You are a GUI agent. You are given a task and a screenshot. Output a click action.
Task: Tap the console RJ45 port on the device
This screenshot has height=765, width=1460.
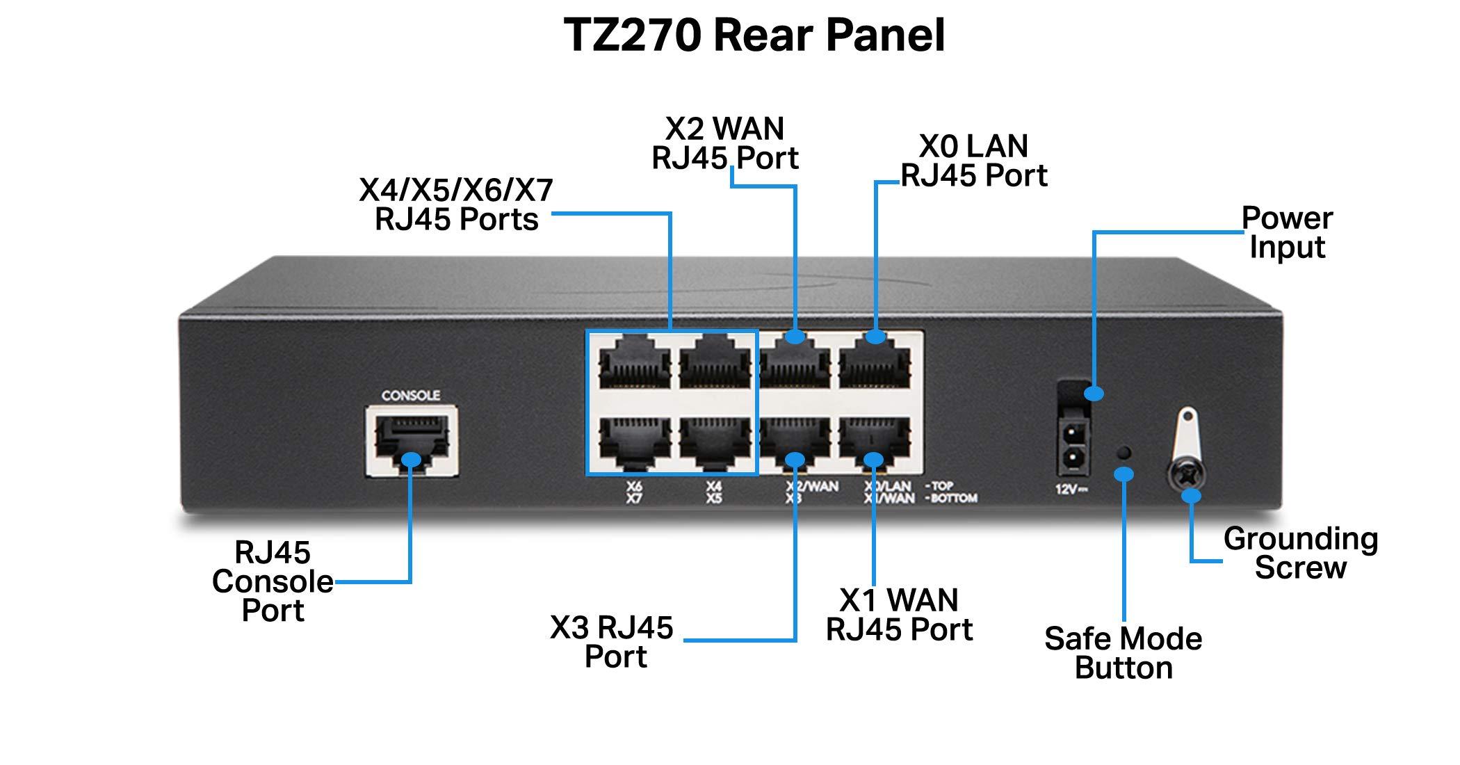411,442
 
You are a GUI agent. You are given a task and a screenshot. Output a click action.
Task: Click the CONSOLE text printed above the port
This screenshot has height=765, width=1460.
410,395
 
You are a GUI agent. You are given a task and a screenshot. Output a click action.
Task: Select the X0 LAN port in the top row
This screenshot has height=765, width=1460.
875,365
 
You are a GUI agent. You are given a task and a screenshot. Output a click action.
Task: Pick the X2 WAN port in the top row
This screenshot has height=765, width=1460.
795,365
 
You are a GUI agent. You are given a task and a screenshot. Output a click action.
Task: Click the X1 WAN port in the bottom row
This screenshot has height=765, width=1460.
875,442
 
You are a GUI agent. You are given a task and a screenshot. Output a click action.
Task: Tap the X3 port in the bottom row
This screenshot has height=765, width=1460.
795,442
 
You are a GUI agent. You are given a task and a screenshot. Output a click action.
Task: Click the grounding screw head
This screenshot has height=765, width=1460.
1187,477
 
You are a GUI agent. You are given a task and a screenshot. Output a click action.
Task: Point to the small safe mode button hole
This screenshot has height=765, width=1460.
1123,453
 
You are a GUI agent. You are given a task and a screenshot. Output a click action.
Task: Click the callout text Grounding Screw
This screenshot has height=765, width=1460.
1300,553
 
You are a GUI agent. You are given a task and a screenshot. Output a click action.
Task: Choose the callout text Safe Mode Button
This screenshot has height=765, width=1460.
1123,653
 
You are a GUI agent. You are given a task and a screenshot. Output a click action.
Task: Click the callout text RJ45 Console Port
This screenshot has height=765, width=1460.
273,581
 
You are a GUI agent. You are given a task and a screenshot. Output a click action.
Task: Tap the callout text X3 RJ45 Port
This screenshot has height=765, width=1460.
613,641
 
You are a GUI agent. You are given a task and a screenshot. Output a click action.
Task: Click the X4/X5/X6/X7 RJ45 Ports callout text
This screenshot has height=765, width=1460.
456,204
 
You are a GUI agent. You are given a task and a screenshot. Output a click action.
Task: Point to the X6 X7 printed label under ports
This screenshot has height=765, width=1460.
633,493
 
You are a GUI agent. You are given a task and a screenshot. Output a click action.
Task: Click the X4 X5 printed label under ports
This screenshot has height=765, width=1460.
713,493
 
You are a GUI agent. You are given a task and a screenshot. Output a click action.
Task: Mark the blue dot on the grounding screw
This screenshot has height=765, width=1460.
1192,496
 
